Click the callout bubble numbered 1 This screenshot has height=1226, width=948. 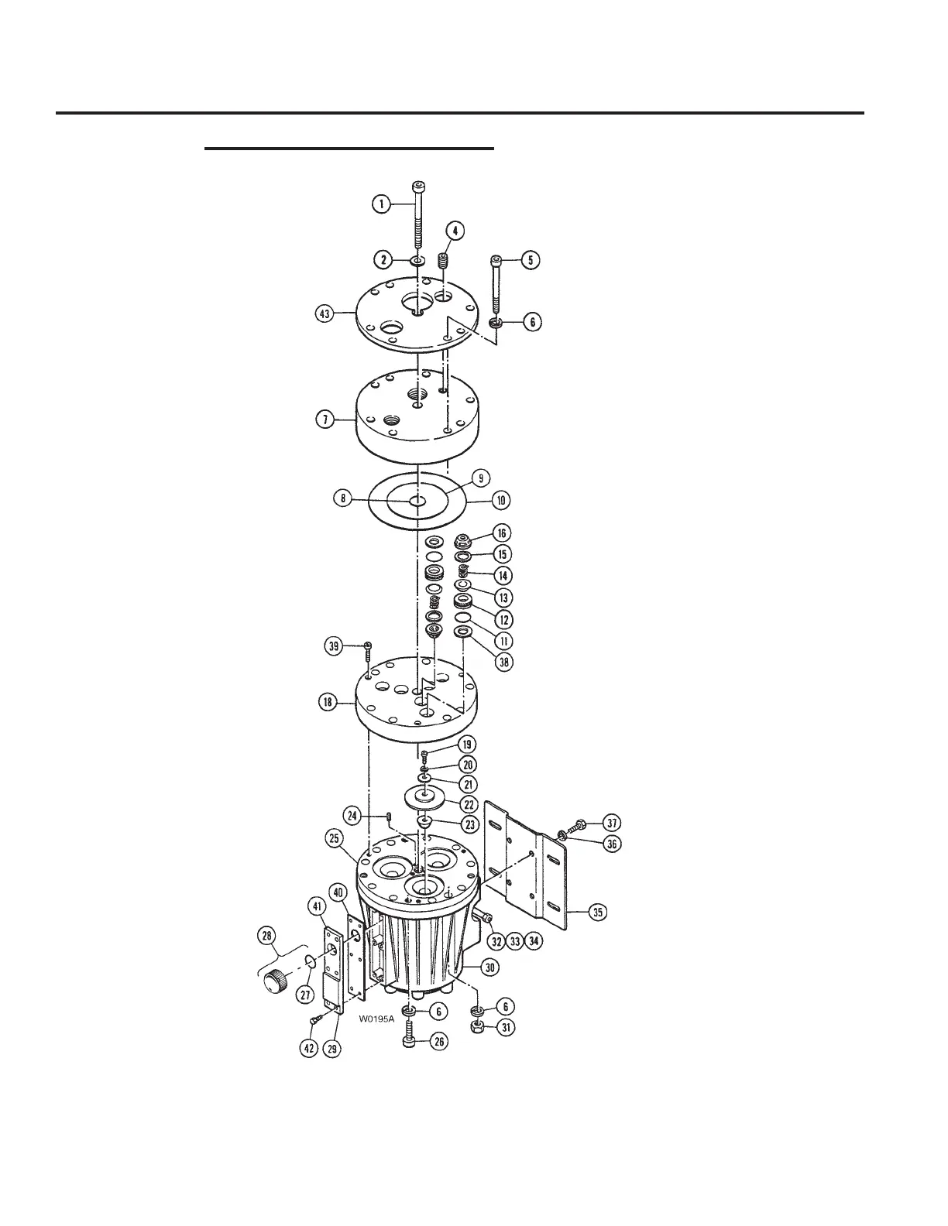(380, 204)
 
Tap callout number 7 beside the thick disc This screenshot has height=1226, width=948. (325, 420)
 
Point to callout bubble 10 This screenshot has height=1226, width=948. (501, 500)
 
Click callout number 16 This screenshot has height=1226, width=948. (502, 533)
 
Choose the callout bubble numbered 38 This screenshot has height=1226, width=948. (504, 663)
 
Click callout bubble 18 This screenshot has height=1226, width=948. (328, 702)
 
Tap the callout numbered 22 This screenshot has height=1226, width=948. (469, 804)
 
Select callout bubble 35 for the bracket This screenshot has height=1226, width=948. (597, 913)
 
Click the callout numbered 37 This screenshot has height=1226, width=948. (612, 822)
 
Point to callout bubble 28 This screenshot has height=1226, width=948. (267, 937)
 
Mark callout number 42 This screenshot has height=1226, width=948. (309, 1052)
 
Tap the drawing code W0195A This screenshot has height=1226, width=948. (376, 1019)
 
